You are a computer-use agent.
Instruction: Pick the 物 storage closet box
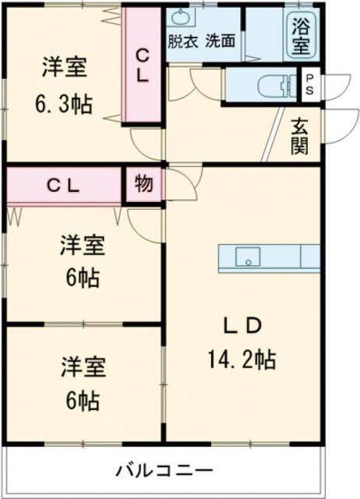pos(143,185)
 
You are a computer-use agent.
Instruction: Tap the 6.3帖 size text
pos(63,104)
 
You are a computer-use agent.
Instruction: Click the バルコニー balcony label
pos(164,471)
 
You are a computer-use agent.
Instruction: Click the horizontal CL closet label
pos(63,186)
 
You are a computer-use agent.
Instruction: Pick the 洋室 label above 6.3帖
pos(64,67)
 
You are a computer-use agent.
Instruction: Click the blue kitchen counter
pos(269,257)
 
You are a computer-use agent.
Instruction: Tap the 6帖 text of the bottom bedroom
pos(83,401)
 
